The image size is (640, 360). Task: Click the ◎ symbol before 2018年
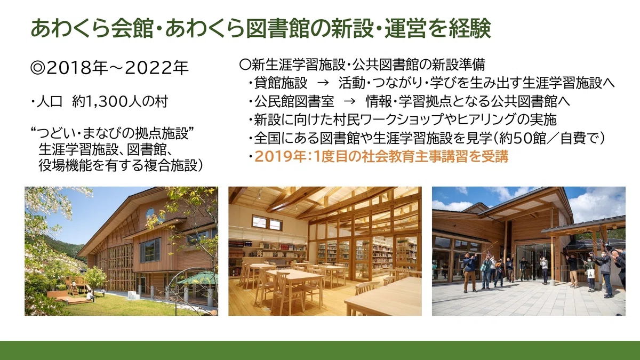[x=38, y=68]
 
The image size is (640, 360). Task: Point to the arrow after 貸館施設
[x=323, y=83]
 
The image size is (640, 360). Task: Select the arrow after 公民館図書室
[x=349, y=101]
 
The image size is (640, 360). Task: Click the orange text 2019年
[x=280, y=157]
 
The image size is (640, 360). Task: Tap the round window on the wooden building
[x=150, y=213]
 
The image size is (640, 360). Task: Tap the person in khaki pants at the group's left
[x=469, y=271]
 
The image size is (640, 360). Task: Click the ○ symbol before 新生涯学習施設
[x=245, y=65]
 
